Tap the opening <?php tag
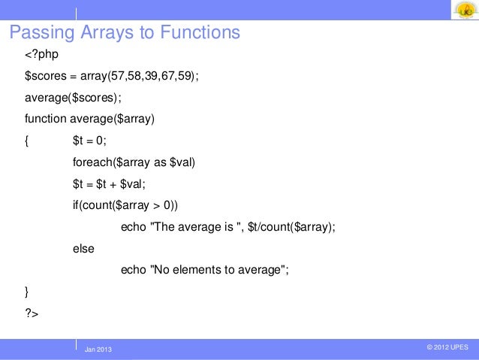click(x=42, y=54)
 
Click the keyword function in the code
click(x=46, y=118)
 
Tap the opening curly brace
click(x=28, y=140)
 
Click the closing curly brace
click(x=28, y=290)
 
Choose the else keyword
click(x=83, y=248)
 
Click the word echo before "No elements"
click(x=133, y=269)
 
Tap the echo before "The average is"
click(x=133, y=226)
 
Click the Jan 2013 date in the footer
click(x=98, y=349)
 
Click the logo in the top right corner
click(x=463, y=11)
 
